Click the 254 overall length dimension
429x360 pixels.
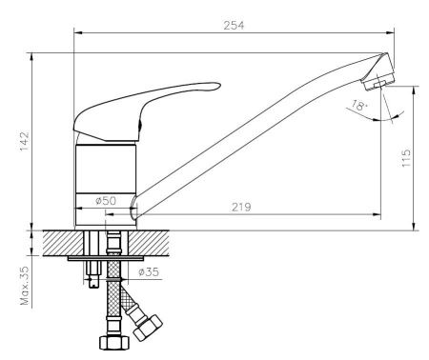point(234,25)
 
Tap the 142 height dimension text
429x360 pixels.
point(25,141)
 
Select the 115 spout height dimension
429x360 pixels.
point(406,158)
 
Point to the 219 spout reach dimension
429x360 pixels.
point(241,207)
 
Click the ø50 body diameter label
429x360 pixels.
point(106,201)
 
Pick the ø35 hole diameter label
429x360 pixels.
point(149,271)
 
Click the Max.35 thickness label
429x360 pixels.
point(25,286)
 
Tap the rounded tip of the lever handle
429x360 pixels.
point(217,86)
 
